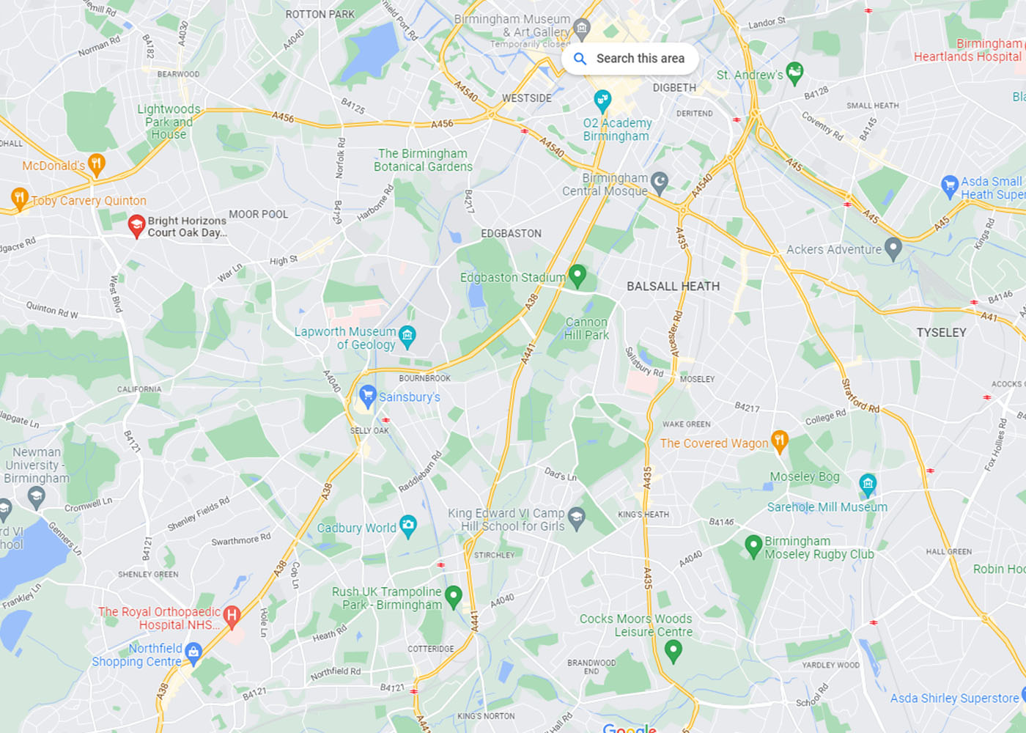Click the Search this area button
[630, 59]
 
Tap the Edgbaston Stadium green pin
[577, 275]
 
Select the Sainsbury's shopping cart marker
[368, 397]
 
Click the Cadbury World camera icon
[408, 525]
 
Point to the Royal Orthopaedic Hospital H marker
[232, 616]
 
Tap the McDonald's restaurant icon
[96, 163]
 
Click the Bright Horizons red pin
[136, 225]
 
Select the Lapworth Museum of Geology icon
[407, 336]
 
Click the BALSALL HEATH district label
[673, 287]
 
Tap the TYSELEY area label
[941, 333]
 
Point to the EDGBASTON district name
[511, 233]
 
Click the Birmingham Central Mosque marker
[660, 181]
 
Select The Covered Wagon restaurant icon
[779, 441]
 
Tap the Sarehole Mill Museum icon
[868, 483]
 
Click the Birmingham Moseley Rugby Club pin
[753, 545]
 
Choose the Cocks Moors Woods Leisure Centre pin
[673, 649]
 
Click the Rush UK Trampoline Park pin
[454, 595]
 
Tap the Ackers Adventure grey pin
[893, 248]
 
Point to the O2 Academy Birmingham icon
[602, 100]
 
